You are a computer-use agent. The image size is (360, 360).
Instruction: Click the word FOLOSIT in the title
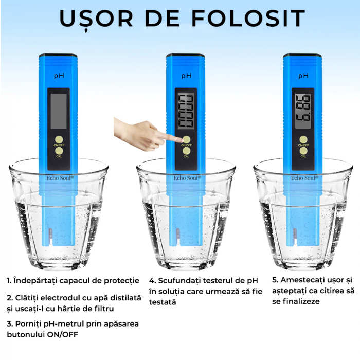click(x=248, y=19)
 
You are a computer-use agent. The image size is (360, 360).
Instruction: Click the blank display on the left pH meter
click(x=59, y=111)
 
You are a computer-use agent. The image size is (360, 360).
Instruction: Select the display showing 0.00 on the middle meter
click(x=186, y=111)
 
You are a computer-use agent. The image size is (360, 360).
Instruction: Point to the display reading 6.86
click(x=303, y=111)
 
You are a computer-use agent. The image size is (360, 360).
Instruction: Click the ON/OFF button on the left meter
click(x=59, y=139)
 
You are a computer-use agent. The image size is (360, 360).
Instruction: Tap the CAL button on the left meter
click(x=59, y=151)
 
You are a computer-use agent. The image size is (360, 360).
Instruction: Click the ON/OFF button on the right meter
click(x=303, y=139)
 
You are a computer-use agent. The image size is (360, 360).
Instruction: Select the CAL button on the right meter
click(x=303, y=151)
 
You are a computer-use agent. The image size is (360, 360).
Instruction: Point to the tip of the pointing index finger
click(x=182, y=139)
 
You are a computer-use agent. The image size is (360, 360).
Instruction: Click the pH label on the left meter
click(x=59, y=76)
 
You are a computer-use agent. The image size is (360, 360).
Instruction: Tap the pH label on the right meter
click(x=303, y=76)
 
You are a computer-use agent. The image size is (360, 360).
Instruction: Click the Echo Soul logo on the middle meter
click(x=187, y=178)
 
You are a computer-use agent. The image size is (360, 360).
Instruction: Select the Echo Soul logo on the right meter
click(x=304, y=178)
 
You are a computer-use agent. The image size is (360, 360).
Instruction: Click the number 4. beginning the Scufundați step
click(x=152, y=281)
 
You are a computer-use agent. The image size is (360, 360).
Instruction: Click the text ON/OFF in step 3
click(x=62, y=334)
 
